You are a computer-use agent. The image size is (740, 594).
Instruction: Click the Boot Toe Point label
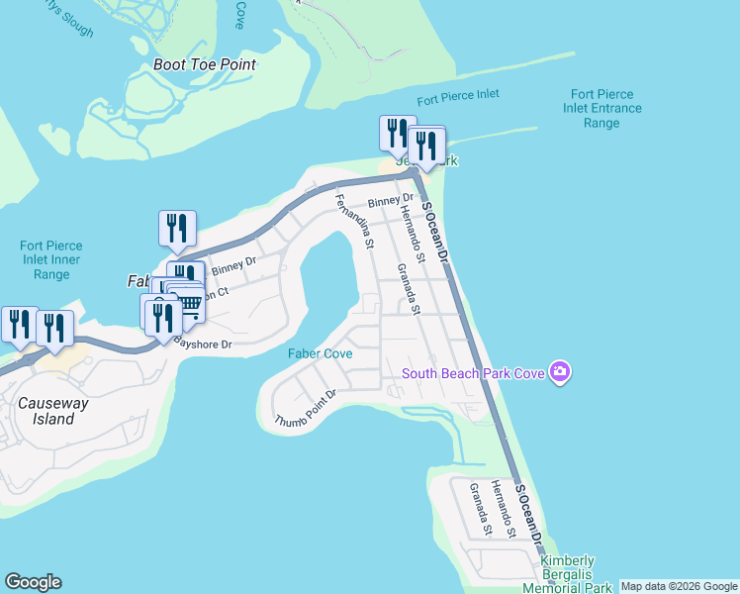pyautogui.click(x=205, y=64)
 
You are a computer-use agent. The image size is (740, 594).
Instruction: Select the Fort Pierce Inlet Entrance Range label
pyautogui.click(x=601, y=109)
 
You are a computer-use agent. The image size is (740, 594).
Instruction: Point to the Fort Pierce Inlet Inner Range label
pyautogui.click(x=50, y=259)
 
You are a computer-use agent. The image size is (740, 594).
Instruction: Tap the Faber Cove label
pyautogui.click(x=321, y=353)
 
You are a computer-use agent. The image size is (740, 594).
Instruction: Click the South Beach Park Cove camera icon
pyautogui.click(x=561, y=372)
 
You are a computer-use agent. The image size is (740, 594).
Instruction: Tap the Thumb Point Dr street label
pyautogui.click(x=306, y=408)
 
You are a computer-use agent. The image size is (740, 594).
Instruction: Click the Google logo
pyautogui.click(x=33, y=582)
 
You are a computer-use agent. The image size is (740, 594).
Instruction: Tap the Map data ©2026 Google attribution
pyautogui.click(x=679, y=586)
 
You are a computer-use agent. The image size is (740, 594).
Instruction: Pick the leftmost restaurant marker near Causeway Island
pyautogui.click(x=19, y=324)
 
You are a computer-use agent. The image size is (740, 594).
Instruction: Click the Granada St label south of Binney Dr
pyautogui.click(x=410, y=288)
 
